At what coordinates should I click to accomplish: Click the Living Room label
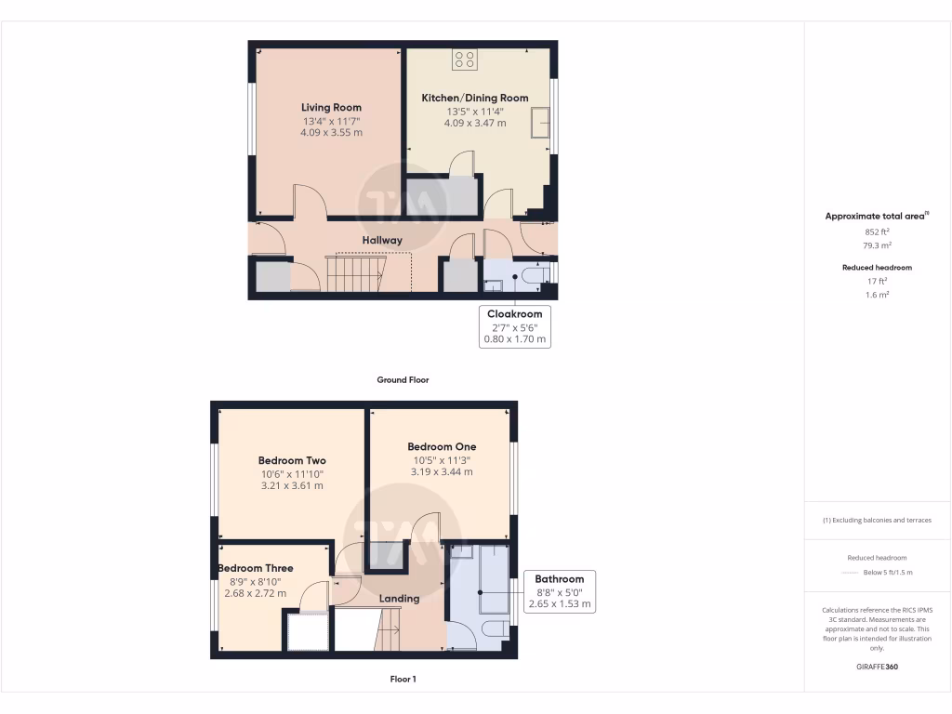pos(331,108)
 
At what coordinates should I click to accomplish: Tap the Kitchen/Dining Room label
pos(475,98)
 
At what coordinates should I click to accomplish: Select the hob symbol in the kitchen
pos(465,60)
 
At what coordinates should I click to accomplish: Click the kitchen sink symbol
pos(540,122)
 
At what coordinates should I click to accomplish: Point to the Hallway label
pos(382,240)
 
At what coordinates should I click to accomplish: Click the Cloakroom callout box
pos(514,326)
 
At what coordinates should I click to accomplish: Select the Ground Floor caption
pos(403,379)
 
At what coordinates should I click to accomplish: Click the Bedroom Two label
pos(292,460)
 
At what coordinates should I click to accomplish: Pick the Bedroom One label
pos(442,446)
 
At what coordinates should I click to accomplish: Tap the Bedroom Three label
pos(256,568)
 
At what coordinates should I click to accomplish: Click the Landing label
pos(398,599)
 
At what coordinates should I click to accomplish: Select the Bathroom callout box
pos(559,591)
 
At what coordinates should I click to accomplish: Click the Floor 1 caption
pos(403,680)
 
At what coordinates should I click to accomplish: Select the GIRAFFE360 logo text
pos(877,667)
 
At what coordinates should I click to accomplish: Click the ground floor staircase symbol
pos(354,274)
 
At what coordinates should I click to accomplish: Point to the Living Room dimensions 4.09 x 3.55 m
pos(331,133)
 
